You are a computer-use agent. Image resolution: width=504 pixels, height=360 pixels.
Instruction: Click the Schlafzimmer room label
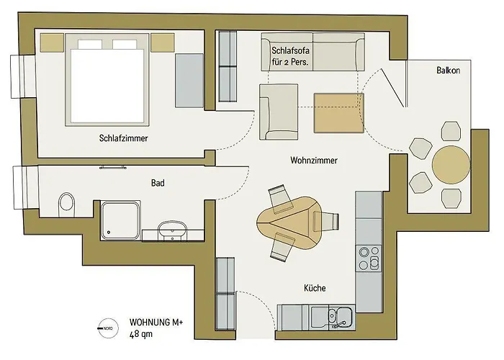[x=124, y=138]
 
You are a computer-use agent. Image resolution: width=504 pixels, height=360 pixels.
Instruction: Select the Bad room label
[x=158, y=184]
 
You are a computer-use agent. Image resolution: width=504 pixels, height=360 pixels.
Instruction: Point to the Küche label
[x=314, y=288]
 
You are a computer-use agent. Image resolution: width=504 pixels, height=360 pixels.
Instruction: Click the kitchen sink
[x=338, y=315]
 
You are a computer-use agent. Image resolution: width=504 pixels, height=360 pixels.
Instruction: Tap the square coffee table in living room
[x=336, y=113]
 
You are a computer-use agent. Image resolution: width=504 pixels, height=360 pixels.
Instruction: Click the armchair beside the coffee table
[x=278, y=111]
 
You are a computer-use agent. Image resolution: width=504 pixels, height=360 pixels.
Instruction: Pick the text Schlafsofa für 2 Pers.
[x=291, y=56]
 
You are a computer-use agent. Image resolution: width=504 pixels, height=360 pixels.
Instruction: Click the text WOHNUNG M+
[x=156, y=322]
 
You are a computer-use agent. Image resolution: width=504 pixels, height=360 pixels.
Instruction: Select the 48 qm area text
[x=140, y=334]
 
